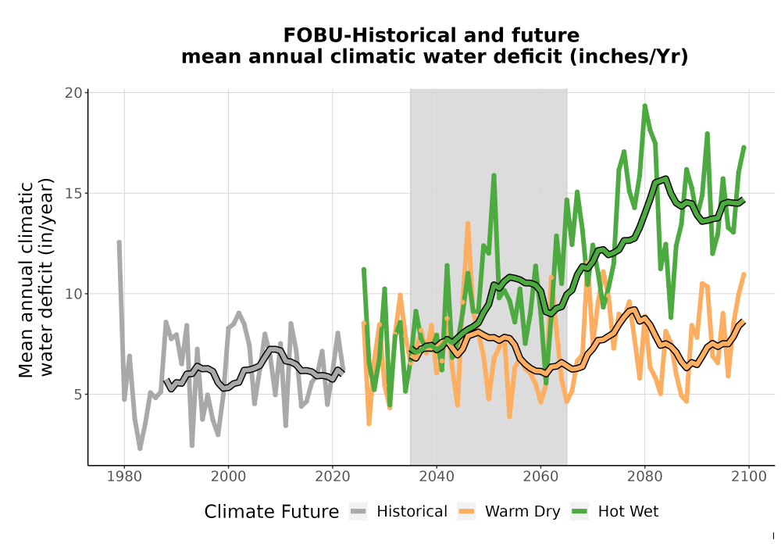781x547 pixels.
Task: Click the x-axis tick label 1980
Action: click(124, 477)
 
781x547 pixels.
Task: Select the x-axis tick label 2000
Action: click(228, 477)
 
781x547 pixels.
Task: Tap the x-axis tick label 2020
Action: click(332, 477)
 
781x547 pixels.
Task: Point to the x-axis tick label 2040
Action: click(437, 477)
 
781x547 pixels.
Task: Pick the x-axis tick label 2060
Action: click(540, 477)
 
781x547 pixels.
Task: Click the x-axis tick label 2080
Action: click(644, 477)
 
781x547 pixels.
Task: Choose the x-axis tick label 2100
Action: click(749, 477)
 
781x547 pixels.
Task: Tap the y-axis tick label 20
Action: click(73, 93)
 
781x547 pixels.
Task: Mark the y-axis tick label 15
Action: click(73, 193)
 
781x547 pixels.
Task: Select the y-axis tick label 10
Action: click(73, 294)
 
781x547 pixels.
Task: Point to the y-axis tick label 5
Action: click(77, 395)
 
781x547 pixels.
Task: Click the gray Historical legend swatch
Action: click(358, 512)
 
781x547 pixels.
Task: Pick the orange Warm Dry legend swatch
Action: click(467, 512)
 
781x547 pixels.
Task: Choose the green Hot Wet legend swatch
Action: click(580, 512)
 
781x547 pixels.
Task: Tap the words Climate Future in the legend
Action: click(272, 512)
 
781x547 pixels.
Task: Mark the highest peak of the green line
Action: click(644, 105)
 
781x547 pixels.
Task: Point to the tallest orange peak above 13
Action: click(468, 223)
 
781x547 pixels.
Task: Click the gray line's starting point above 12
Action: click(119, 242)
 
